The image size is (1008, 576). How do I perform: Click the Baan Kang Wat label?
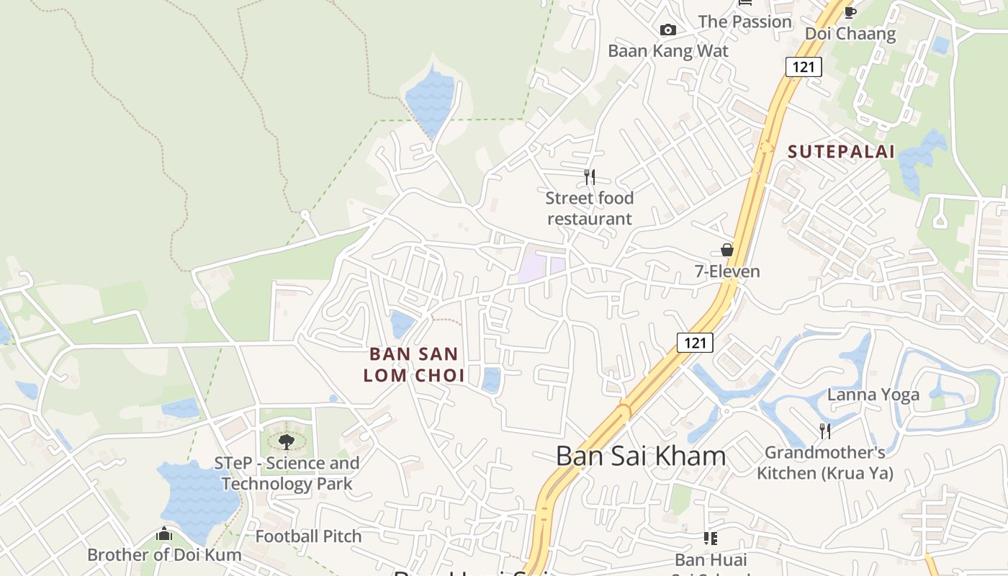click(x=668, y=51)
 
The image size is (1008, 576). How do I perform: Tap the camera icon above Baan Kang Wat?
click(x=668, y=30)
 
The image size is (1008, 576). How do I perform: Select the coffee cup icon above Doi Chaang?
click(x=850, y=12)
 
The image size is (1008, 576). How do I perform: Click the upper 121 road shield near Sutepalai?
click(x=804, y=68)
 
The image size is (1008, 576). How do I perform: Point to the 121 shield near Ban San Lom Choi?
click(x=695, y=343)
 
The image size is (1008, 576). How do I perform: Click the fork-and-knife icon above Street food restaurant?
click(x=590, y=176)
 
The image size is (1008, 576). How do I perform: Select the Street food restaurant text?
click(x=590, y=208)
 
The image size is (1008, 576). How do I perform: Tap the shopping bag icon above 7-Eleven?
click(x=727, y=250)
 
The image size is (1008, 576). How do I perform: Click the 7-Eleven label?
click(x=727, y=271)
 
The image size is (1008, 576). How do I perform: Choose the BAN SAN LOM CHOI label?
click(x=414, y=364)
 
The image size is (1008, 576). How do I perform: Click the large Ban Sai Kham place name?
click(x=641, y=456)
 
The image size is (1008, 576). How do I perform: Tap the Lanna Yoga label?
click(x=873, y=395)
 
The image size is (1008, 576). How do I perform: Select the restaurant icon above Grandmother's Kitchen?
click(x=825, y=431)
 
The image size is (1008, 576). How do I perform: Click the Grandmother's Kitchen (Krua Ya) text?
click(x=825, y=462)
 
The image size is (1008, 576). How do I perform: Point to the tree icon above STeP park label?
click(x=287, y=441)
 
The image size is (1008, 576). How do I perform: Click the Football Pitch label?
click(x=308, y=536)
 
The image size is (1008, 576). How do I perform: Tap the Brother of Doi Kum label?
click(x=164, y=555)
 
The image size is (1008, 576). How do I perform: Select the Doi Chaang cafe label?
click(x=850, y=34)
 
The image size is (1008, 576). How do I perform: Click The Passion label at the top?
click(x=744, y=22)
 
